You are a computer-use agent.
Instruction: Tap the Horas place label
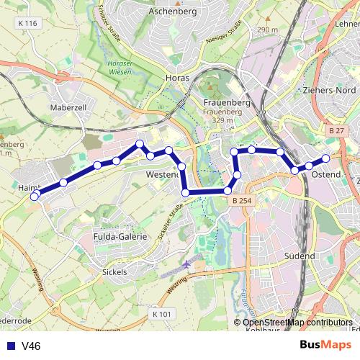[177, 96]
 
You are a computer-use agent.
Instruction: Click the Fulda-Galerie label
[120, 236]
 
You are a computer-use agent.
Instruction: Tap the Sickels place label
[115, 272]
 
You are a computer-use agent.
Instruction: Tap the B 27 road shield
[336, 130]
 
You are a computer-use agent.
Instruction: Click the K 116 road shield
[29, 24]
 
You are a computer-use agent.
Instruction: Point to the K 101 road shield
[163, 314]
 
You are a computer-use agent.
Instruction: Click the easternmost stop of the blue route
[325, 158]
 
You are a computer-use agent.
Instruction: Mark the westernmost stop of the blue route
[34, 197]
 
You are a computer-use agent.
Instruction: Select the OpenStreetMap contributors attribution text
[297, 323]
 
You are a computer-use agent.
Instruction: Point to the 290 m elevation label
[266, 30]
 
